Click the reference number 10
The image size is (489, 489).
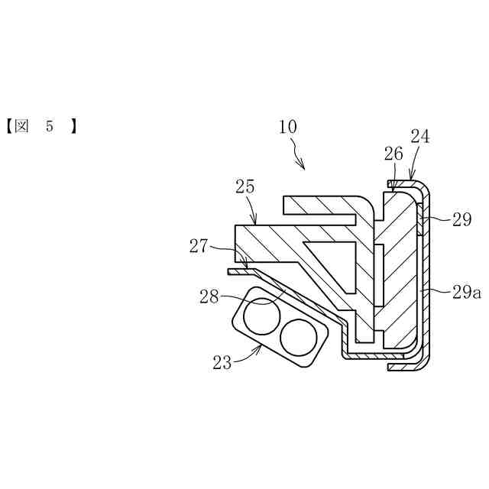click(288, 127)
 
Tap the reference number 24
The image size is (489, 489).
click(419, 137)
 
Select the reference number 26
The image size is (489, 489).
click(393, 154)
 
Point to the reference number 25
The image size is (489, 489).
click(246, 186)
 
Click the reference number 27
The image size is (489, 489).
click(199, 245)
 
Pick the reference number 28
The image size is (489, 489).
click(210, 296)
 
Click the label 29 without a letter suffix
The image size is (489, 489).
click(461, 220)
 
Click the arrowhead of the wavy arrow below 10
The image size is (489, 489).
click(303, 168)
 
